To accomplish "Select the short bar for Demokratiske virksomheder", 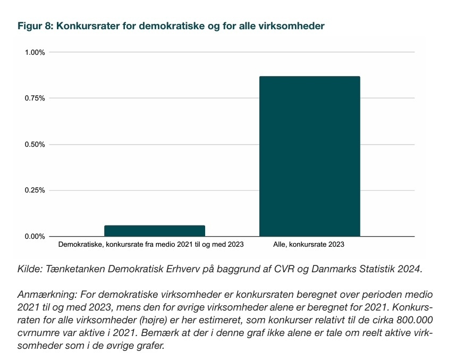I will click(154, 231).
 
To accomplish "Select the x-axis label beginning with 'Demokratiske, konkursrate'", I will click(150, 245).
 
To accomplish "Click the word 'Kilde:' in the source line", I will click(30, 269).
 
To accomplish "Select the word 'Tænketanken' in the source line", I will click(75, 269).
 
